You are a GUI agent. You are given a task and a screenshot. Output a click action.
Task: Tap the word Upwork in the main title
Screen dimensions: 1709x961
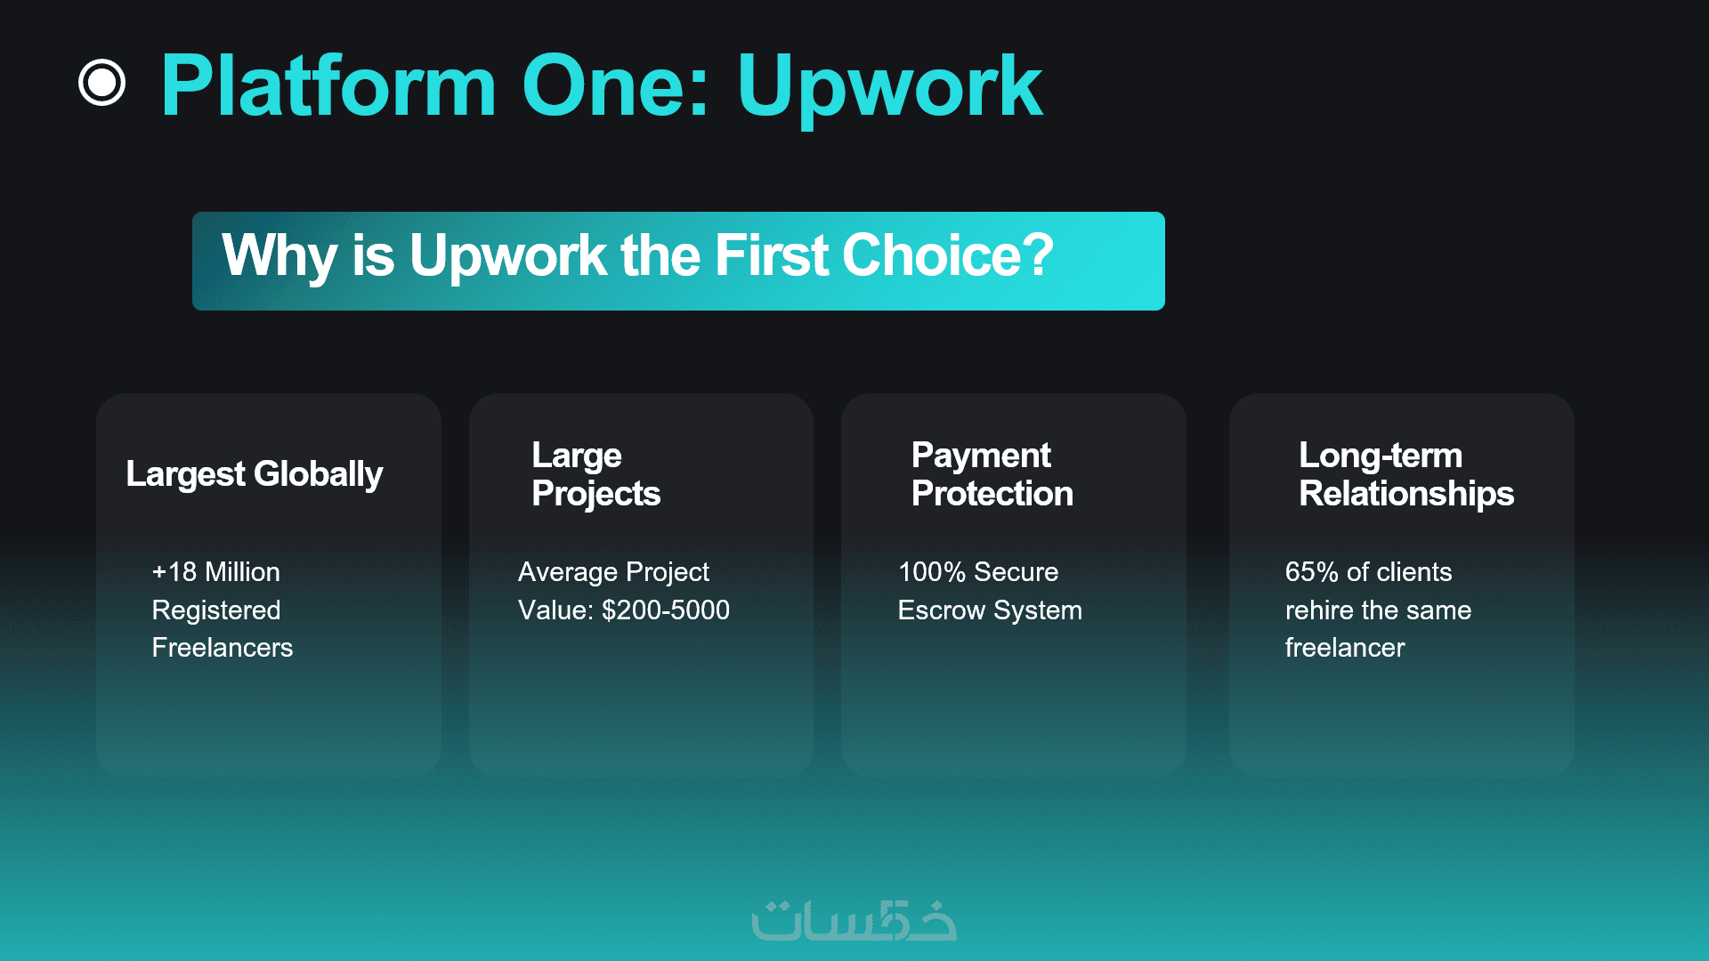coord(889,86)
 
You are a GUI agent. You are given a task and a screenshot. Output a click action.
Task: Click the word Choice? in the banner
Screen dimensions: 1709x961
coord(948,255)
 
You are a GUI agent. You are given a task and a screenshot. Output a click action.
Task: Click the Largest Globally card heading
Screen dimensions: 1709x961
coord(255,474)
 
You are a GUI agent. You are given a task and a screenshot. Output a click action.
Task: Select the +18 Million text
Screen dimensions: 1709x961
coord(216,571)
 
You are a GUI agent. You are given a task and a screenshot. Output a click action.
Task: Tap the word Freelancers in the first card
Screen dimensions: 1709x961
coord(223,647)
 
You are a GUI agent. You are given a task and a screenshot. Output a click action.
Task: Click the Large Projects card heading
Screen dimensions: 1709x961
coord(596,474)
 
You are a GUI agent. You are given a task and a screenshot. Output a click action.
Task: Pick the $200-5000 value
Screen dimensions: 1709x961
coord(666,610)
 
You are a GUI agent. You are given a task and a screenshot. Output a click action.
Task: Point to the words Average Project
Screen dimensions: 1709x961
coord(614,572)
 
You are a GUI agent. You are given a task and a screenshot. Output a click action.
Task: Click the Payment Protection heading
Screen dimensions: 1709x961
coord(992,474)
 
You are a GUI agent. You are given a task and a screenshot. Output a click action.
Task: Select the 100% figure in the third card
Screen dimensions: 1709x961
coord(932,571)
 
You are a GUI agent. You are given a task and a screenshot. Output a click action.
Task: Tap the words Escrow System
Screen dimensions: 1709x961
coord(990,610)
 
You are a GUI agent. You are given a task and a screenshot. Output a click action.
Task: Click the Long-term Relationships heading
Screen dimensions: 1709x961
coord(1406,474)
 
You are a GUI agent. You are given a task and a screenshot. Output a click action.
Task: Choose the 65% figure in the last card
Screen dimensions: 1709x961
coord(1312,571)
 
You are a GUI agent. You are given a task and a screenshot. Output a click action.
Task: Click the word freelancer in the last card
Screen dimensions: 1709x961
coord(1345,647)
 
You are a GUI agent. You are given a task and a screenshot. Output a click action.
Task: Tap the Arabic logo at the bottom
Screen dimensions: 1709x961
coord(854,921)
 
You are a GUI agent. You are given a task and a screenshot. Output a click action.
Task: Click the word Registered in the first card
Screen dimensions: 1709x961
coord(216,610)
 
